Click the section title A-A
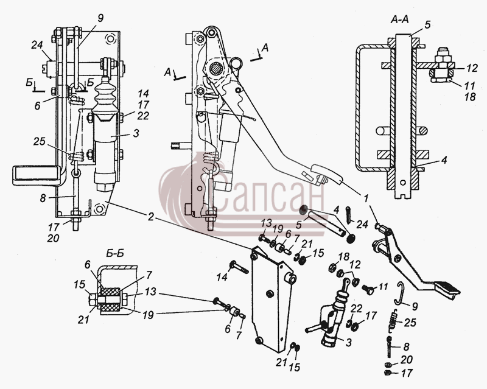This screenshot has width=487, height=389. tap(399, 19)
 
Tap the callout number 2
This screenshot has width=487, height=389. tap(150, 217)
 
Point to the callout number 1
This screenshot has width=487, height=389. tap(366, 198)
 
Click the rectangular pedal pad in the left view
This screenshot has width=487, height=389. tap(37, 175)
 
